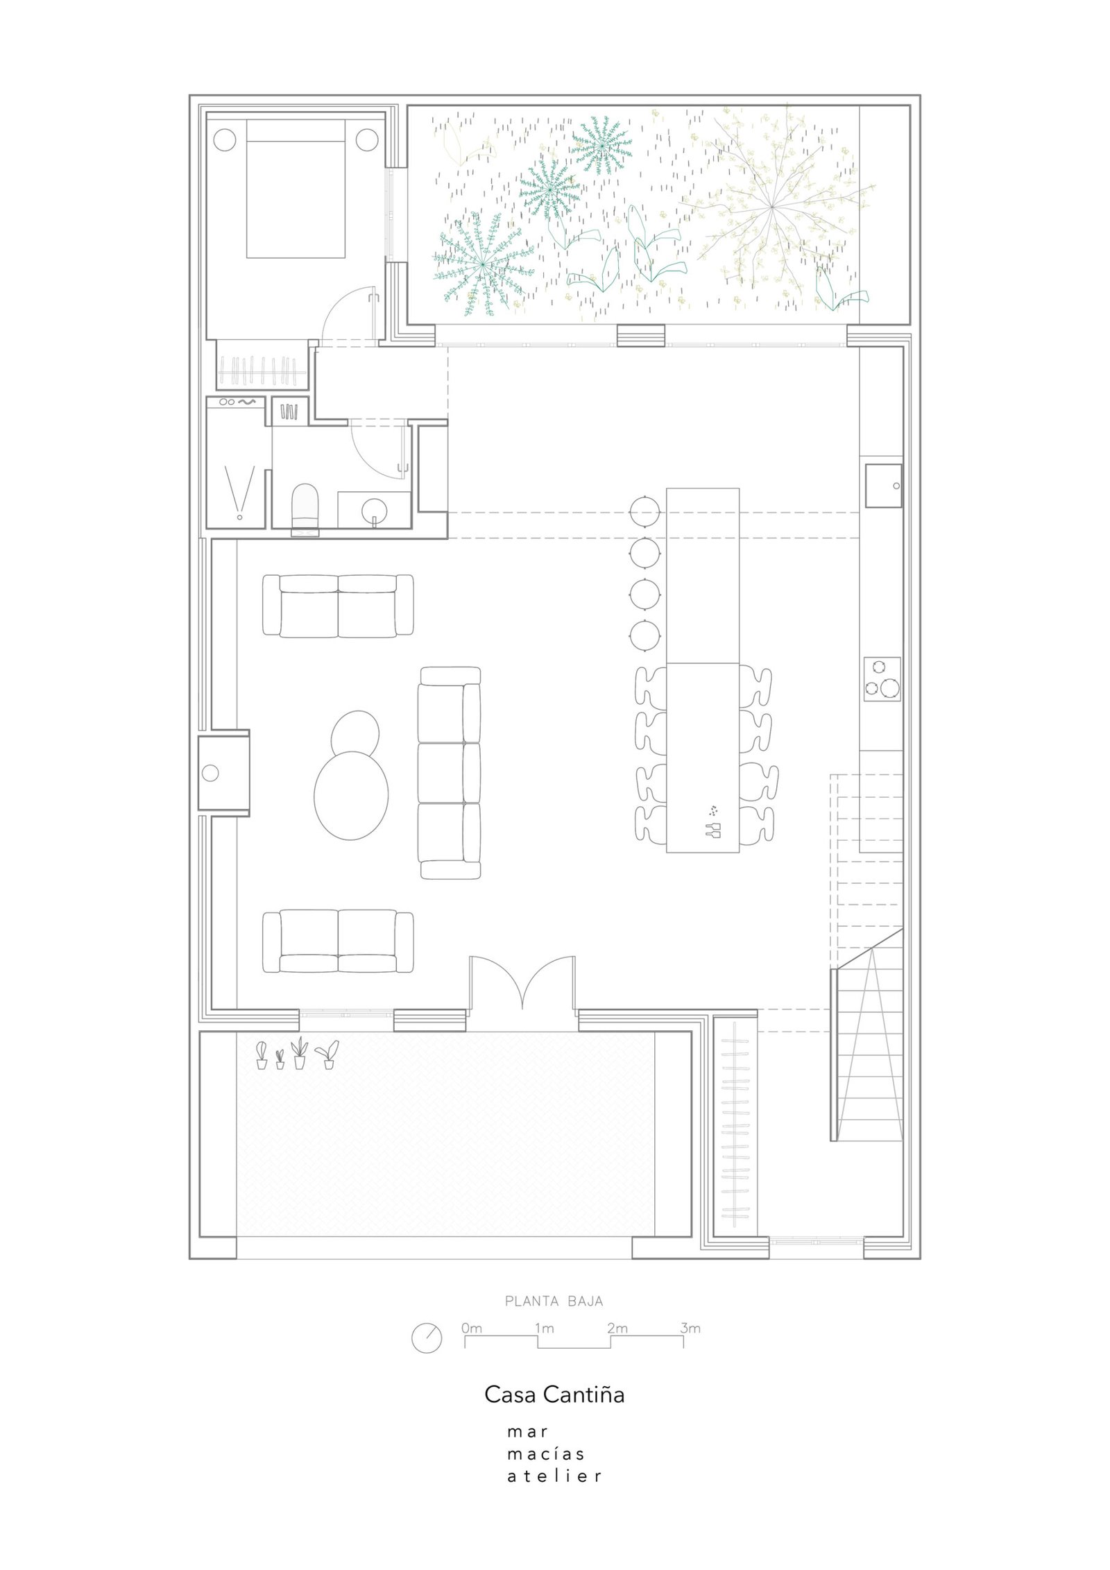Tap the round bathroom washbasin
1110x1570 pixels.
tap(374, 510)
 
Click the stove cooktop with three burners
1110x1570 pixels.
tap(882, 678)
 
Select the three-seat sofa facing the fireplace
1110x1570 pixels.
tap(450, 773)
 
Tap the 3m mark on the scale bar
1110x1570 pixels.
tap(690, 1329)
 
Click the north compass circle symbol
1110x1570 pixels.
tap(427, 1338)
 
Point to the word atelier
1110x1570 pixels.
tap(554, 1476)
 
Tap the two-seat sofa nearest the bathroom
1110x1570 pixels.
tap(339, 606)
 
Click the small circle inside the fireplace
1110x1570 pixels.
tap(210, 771)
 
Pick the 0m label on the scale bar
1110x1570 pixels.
tap(471, 1329)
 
